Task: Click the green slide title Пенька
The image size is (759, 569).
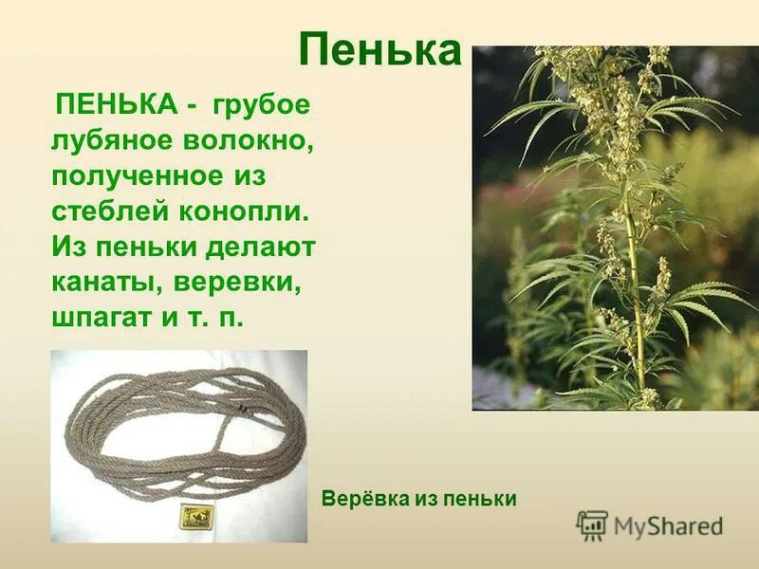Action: click(x=379, y=50)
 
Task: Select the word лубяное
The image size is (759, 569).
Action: click(x=112, y=141)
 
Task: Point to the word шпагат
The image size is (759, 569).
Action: click(x=102, y=318)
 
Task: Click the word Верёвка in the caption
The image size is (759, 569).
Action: click(x=361, y=498)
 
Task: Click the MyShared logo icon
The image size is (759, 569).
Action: click(x=592, y=524)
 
